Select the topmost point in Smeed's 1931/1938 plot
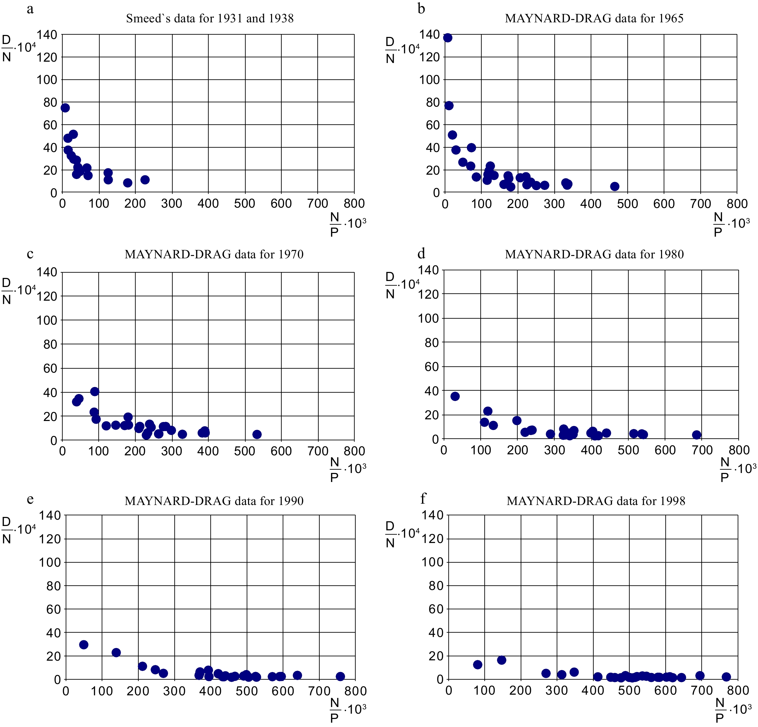pos(65,108)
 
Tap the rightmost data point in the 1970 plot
pos(257,434)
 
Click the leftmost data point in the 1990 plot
pos(84,645)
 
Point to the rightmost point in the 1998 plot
pos(726,677)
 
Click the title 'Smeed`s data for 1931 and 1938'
pos(210,18)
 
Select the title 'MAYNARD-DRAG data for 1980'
pos(594,254)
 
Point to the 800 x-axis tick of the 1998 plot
pos(738,690)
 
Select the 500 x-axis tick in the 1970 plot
pos(245,451)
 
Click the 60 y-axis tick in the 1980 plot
pos(432,367)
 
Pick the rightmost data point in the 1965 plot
pos(615,186)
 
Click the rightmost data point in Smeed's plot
pos(145,179)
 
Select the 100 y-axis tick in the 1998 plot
pos(432,562)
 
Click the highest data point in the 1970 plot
pos(95,391)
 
